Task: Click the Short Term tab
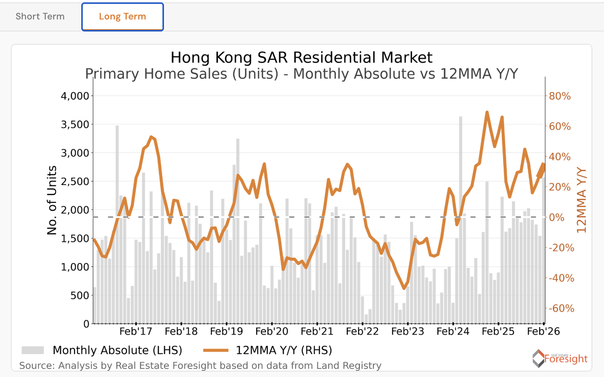pos(40,17)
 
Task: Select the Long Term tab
pos(122,17)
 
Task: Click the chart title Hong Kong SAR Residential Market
pos(301,58)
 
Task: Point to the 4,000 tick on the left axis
pos(75,96)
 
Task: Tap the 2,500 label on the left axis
pos(75,181)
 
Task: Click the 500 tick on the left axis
pos(80,295)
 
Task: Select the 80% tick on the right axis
pos(560,96)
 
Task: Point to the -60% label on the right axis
pos(561,308)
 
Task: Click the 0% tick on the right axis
pos(557,218)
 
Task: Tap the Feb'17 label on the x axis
pos(136,332)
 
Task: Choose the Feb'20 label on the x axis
pos(272,332)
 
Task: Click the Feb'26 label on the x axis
pos(543,332)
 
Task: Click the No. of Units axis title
pos(52,200)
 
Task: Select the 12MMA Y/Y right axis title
pos(581,200)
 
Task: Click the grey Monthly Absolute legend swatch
pos(32,350)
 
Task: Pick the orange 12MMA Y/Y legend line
pos(216,350)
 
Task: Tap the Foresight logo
pos(560,358)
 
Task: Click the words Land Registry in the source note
pos(350,366)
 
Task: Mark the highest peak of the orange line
pos(487,112)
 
